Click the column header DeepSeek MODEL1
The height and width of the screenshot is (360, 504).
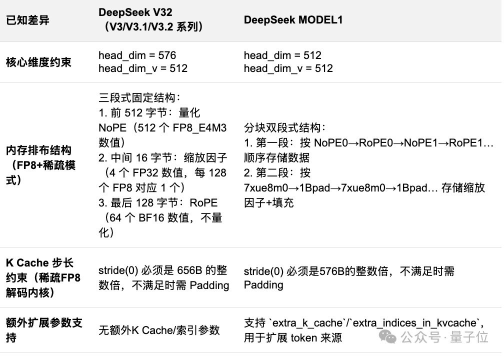click(293, 20)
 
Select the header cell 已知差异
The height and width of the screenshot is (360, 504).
click(27, 20)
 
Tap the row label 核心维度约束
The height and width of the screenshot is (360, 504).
click(38, 62)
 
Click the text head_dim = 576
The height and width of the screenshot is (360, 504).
click(137, 55)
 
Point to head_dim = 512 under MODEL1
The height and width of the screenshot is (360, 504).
click(282, 55)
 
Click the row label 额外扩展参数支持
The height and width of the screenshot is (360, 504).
click(44, 330)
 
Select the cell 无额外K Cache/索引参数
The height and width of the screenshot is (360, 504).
click(159, 330)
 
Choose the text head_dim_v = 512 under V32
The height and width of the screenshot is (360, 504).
click(143, 68)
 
